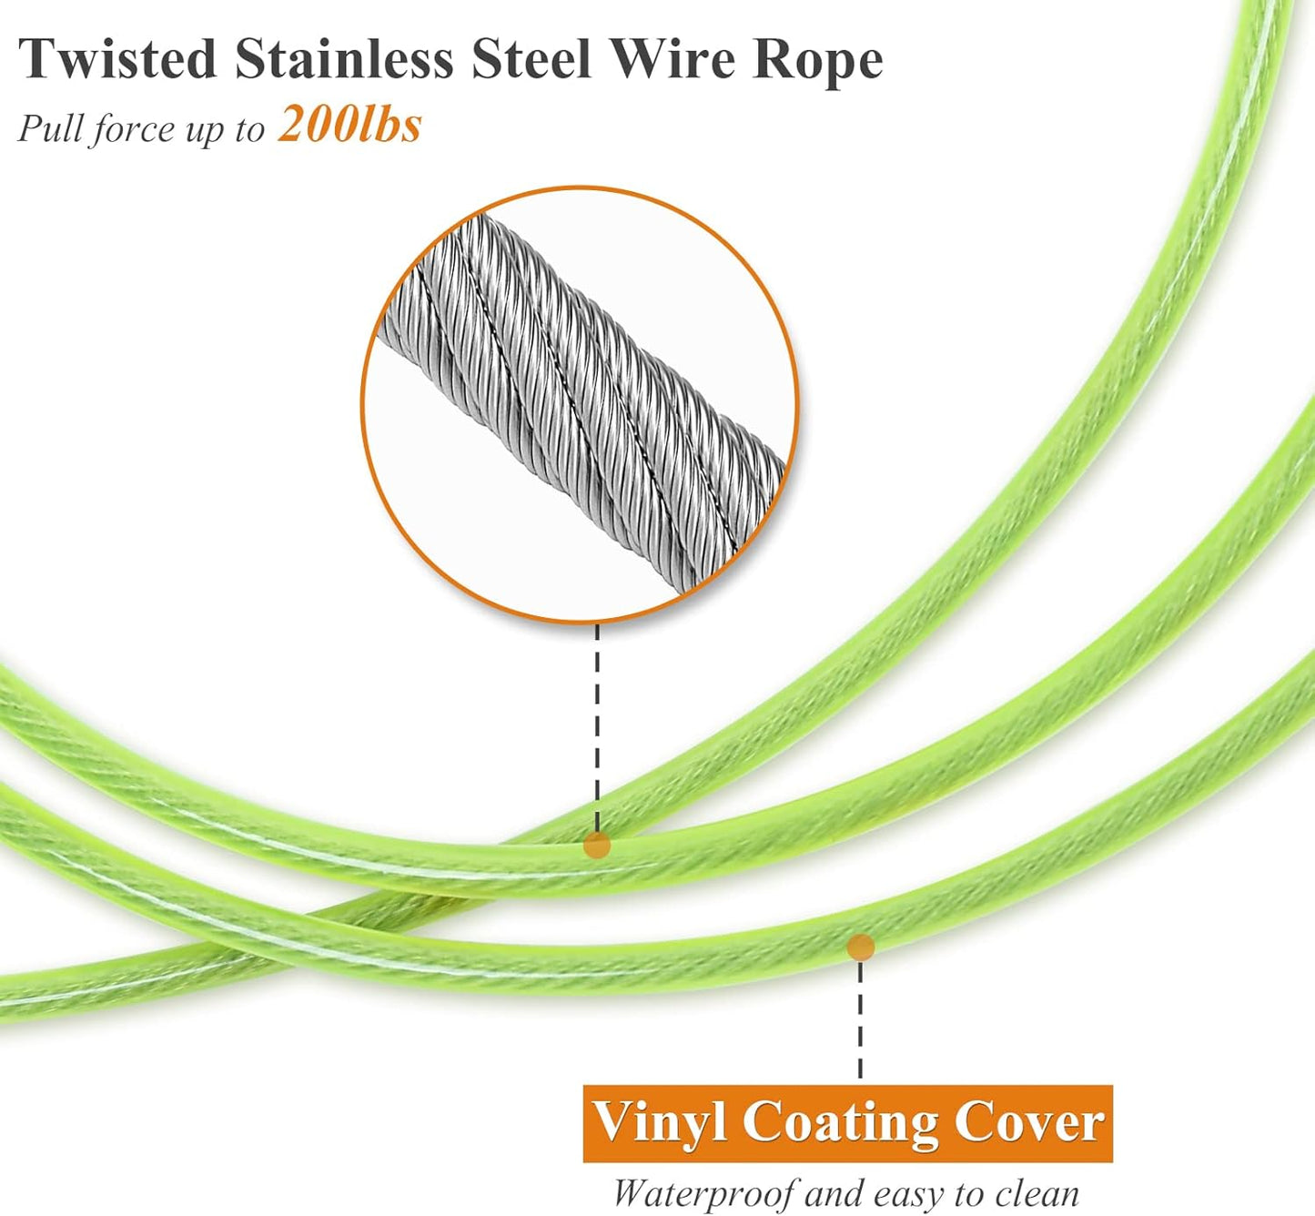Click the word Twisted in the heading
tap(117, 59)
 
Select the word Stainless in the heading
tap(344, 59)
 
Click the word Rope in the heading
tap(818, 61)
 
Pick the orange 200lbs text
tap(350, 124)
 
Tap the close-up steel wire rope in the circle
tap(582, 400)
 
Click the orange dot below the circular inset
tap(597, 845)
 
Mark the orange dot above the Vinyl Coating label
tap(860, 947)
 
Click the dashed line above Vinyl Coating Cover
tap(860, 1019)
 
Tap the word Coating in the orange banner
tap(839, 1122)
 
